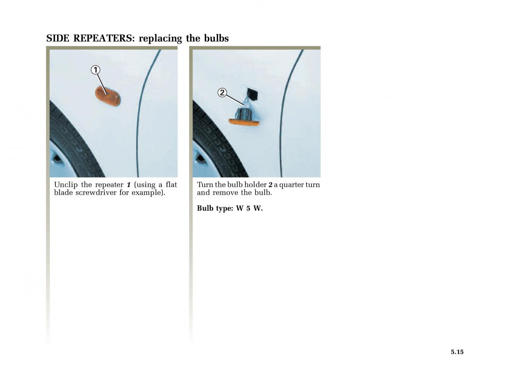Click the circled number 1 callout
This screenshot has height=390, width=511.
tap(95, 70)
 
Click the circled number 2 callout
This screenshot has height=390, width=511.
tap(222, 93)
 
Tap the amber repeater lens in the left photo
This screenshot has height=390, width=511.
tap(108, 96)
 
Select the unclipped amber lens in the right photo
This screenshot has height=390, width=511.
tap(244, 122)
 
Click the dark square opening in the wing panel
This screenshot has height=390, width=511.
tap(252, 94)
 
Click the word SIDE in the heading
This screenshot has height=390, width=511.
tap(57, 38)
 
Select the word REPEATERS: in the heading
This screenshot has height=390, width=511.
tap(104, 38)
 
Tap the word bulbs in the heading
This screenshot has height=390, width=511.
tap(216, 38)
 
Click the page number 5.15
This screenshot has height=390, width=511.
tap(457, 352)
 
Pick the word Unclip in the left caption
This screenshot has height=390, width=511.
tap(66, 185)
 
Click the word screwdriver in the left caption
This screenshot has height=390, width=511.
tap(96, 193)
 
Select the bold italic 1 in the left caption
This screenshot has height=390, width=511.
tap(129, 185)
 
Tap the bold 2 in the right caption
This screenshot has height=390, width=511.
tap(270, 185)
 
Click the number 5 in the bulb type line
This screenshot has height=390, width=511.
tap(248, 208)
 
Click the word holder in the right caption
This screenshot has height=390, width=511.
tap(255, 185)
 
